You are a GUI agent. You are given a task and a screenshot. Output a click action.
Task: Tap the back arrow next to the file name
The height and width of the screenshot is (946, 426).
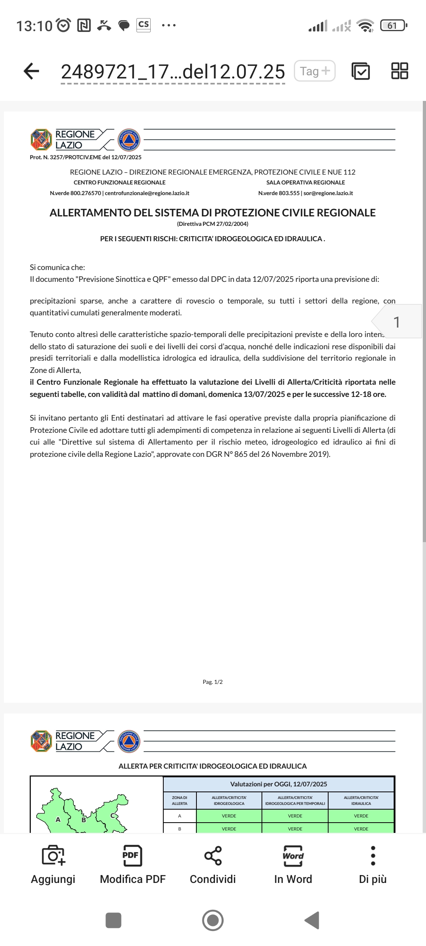click(32, 71)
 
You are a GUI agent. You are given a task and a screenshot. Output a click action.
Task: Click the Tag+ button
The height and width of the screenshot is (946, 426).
click(315, 71)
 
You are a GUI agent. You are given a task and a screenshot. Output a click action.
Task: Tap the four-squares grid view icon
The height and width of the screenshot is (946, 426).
click(399, 71)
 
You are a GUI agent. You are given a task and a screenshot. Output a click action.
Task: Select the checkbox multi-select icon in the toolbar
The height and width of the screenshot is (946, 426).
click(361, 71)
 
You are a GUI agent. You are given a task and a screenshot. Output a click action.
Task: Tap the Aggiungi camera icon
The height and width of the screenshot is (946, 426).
click(53, 856)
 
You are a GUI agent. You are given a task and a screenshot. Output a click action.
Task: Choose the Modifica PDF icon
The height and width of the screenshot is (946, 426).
click(133, 856)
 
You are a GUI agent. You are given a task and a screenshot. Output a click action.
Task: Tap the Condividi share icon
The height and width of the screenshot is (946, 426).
click(213, 856)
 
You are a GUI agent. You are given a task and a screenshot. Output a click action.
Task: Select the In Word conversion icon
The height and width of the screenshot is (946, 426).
click(293, 856)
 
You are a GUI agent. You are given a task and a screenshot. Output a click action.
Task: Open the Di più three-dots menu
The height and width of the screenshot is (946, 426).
click(373, 856)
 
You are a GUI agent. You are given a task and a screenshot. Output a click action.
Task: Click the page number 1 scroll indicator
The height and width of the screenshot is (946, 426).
click(397, 322)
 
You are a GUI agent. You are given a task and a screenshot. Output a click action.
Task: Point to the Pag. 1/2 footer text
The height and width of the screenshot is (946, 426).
click(213, 682)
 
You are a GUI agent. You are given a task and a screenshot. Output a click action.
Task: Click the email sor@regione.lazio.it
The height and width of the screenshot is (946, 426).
click(328, 193)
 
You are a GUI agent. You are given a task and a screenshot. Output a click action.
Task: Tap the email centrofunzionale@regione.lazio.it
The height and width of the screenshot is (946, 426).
click(147, 193)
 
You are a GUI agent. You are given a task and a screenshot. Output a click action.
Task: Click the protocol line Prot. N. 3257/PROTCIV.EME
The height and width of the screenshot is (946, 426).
click(86, 157)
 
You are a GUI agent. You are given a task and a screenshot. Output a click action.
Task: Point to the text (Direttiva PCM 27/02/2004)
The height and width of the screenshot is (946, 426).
click(213, 224)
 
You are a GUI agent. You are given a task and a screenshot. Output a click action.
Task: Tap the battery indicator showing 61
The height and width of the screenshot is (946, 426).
click(392, 26)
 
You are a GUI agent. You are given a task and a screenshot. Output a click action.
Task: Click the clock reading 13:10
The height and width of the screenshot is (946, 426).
click(34, 26)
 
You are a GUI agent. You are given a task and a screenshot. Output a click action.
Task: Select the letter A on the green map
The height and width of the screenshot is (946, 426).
click(58, 819)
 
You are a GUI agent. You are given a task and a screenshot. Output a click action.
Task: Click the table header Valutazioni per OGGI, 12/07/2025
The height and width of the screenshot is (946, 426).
click(278, 784)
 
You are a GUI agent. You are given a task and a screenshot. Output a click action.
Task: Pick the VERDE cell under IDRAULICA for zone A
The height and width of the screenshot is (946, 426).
click(361, 816)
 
